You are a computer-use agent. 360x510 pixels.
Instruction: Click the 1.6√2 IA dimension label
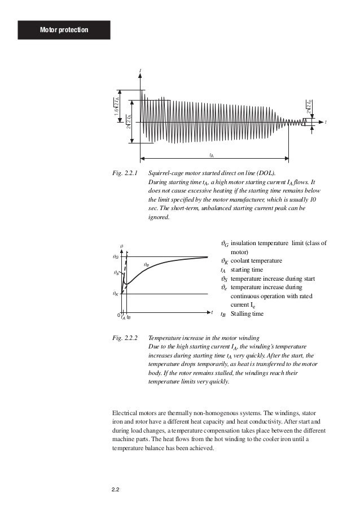(x=116, y=105)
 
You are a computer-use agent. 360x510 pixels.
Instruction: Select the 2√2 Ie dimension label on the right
(x=310, y=105)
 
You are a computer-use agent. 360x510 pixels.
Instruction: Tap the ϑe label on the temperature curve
(x=146, y=264)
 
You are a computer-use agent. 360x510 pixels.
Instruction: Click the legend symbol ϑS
(x=223, y=279)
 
